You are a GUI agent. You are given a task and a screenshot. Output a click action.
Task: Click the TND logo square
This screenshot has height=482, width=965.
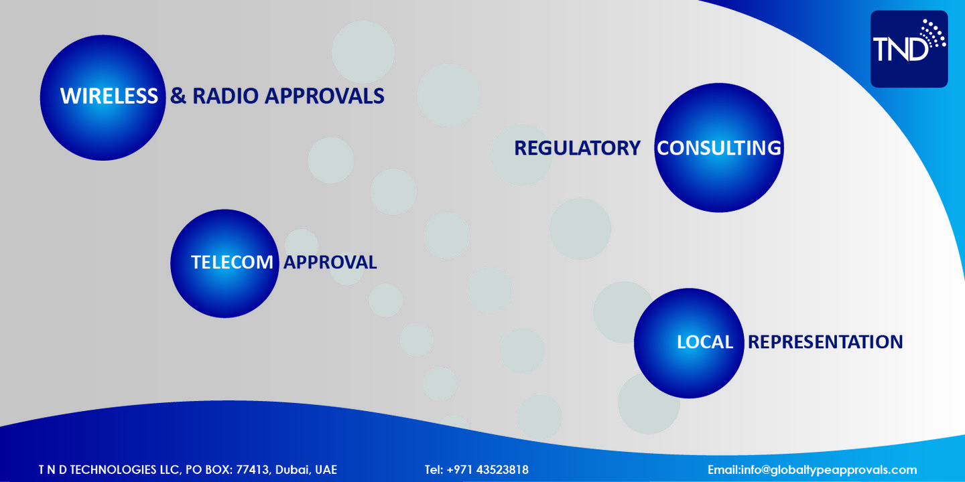909,49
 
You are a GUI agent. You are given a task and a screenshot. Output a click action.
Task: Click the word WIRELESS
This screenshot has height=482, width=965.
109,96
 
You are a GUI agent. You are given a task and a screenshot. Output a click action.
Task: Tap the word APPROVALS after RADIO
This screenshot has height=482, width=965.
324,96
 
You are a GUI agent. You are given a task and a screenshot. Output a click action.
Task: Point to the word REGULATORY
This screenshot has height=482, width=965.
577,148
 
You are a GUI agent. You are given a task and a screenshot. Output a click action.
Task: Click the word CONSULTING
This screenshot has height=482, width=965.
718,148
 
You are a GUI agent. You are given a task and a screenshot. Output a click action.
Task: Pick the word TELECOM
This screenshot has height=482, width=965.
232,262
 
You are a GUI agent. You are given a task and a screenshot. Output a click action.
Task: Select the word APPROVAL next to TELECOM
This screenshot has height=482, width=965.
330,262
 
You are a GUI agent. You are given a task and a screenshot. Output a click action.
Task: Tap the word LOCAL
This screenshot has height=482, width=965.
705,342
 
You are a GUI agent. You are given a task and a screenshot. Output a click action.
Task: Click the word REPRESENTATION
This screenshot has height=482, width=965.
825,342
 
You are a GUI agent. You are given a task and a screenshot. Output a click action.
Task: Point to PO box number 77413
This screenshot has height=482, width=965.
252,470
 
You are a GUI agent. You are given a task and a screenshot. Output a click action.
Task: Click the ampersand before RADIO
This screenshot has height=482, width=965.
178,96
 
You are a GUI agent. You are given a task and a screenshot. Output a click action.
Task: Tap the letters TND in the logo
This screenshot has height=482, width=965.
900,49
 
